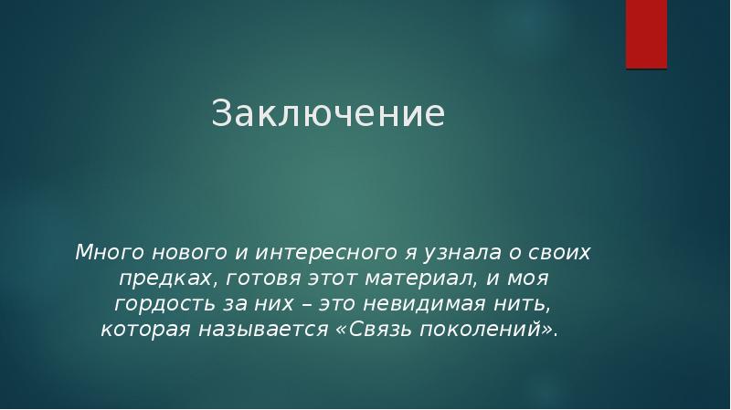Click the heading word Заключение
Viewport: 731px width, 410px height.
(x=328, y=113)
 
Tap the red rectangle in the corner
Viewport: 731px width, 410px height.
(x=646, y=33)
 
